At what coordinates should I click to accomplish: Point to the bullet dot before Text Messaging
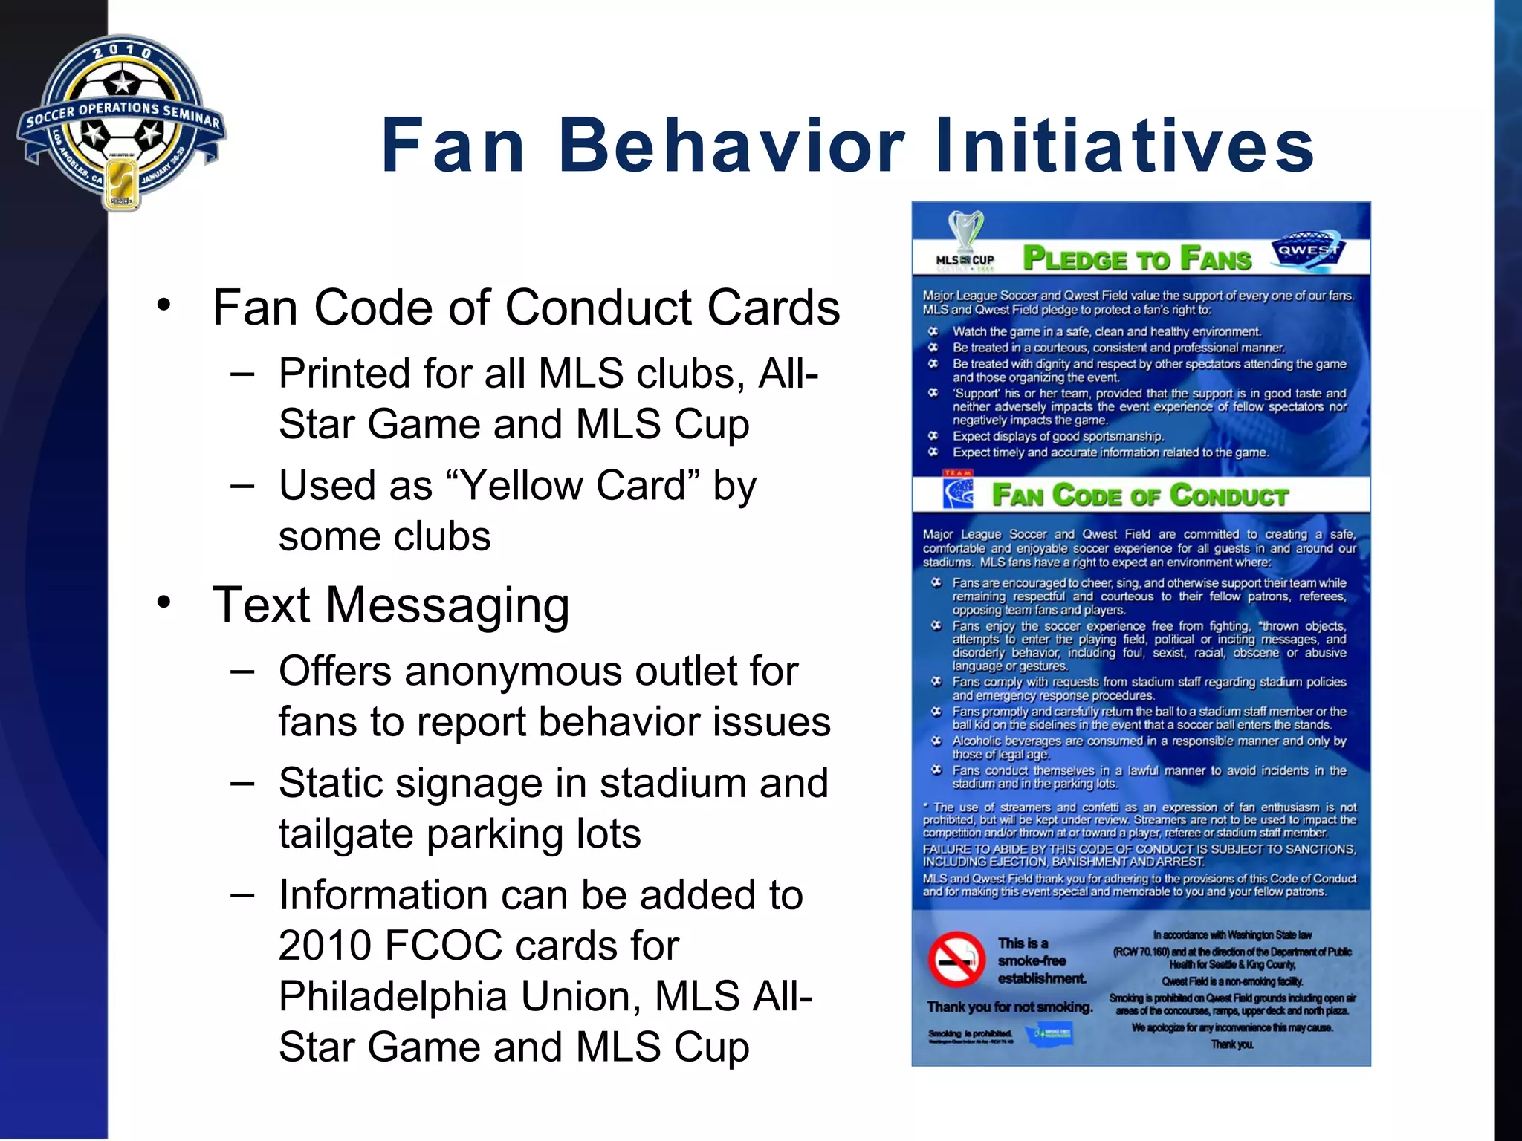coord(164,602)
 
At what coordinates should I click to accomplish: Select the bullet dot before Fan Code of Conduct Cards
coord(164,305)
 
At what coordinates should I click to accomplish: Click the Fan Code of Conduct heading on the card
coord(1140,495)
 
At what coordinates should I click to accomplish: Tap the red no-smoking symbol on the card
coord(956,960)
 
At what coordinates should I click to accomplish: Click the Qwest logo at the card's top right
coord(1308,250)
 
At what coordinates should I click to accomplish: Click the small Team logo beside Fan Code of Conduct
coord(958,492)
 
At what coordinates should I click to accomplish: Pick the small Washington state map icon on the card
coord(1048,1033)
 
